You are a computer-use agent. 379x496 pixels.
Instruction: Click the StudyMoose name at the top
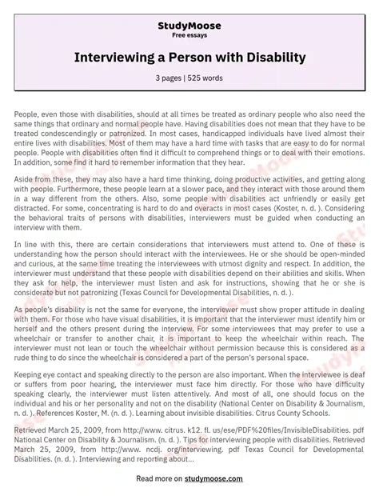(x=189, y=26)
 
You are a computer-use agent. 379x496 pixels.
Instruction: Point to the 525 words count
(x=205, y=78)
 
